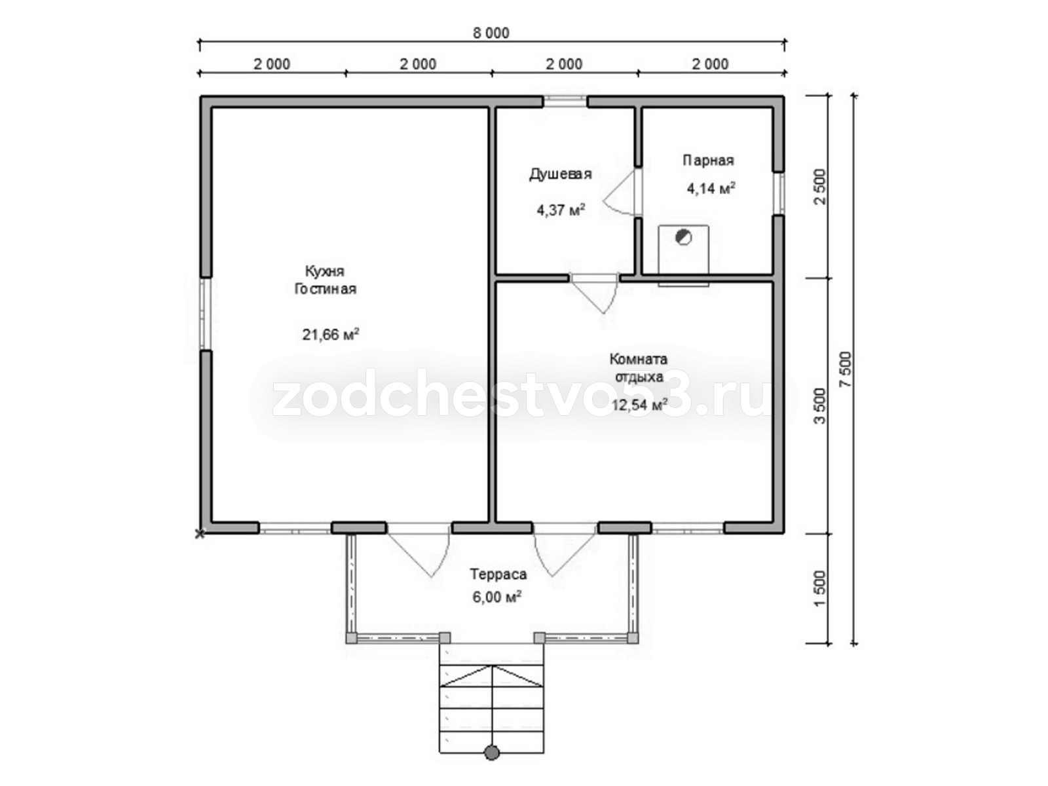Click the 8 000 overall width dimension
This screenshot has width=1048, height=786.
(491, 33)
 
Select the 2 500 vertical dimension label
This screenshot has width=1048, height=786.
(820, 187)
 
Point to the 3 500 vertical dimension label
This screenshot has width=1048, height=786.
(820, 405)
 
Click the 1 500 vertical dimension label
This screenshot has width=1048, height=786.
(820, 588)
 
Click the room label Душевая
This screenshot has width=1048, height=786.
(560, 175)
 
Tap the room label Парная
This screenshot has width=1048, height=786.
(708, 160)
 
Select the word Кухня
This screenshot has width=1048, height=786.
(325, 271)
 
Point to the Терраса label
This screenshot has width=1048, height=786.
(498, 574)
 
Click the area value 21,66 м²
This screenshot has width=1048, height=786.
(330, 334)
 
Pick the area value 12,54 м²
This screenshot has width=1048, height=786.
(639, 405)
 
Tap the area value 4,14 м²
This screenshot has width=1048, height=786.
(711, 188)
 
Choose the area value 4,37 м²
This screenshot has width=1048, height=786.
(561, 210)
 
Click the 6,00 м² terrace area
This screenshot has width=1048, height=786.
(496, 597)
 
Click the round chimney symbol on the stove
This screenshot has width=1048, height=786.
(683, 237)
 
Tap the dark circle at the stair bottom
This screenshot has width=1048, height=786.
(491, 753)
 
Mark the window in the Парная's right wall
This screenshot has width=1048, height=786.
(779, 193)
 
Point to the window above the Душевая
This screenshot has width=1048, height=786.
(565, 102)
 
